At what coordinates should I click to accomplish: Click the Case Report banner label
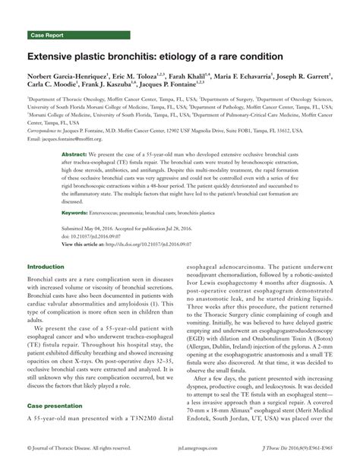click(x=47, y=36)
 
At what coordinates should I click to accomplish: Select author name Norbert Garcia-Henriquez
click(x=69, y=78)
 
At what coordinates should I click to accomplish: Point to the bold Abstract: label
click(x=74, y=153)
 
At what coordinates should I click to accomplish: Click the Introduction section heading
click(x=46, y=267)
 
